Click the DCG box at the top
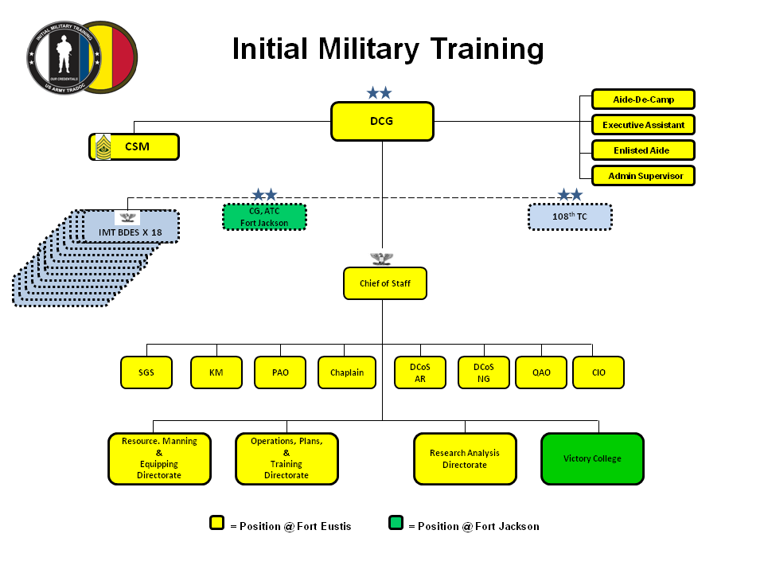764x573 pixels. pos(382,121)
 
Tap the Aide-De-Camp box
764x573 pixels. pos(643,99)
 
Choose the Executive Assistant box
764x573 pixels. pos(643,125)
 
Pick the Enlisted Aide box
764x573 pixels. pos(643,150)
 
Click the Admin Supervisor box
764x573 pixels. pos(643,176)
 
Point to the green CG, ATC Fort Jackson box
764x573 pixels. pos(264,216)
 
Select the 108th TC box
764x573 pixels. pos(570,216)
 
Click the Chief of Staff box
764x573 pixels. pos(384,283)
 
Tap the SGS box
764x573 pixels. pos(146,372)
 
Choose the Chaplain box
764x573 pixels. pos(347,372)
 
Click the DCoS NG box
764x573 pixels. pos(484,372)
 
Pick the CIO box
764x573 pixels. pos(598,372)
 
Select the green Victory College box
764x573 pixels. pos(592,458)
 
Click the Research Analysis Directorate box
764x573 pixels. pos(465,458)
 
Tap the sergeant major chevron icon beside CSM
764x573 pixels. pos(103,146)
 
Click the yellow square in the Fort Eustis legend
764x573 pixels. pos(216,523)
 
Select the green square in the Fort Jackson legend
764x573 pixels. pos(396,523)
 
